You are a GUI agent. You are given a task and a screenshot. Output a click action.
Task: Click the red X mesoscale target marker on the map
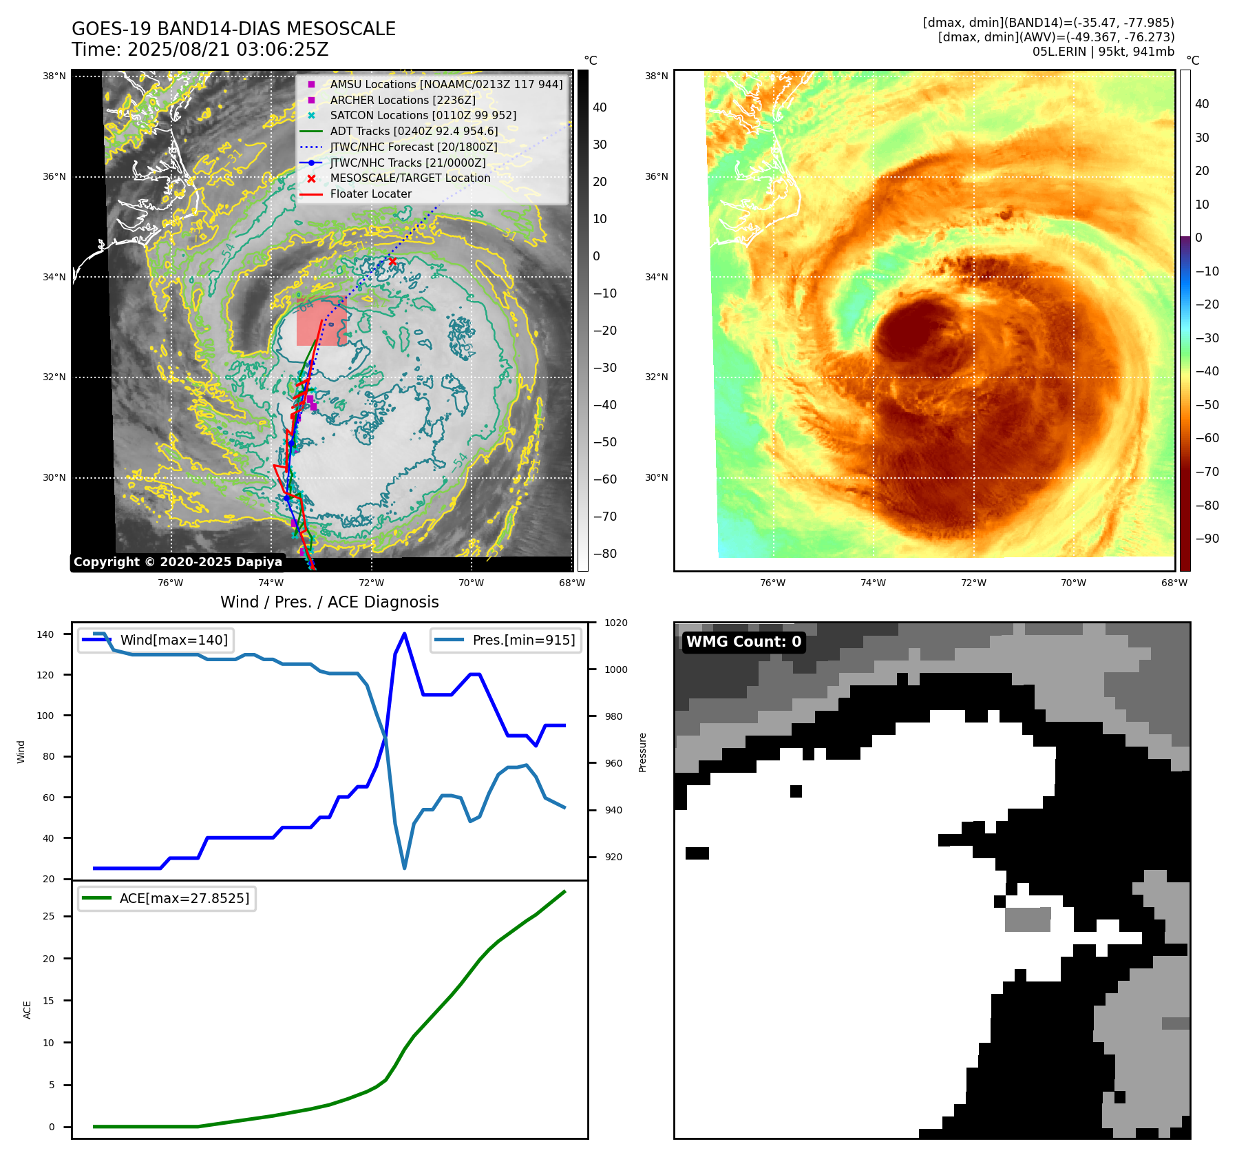[392, 262]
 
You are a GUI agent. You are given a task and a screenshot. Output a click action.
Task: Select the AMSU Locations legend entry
[445, 84]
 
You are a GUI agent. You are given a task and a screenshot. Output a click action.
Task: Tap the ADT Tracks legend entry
[413, 131]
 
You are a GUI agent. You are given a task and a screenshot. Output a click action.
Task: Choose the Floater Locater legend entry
[370, 194]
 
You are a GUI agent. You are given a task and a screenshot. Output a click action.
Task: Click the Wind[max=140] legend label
[173, 640]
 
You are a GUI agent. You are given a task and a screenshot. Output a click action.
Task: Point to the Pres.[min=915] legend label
[523, 640]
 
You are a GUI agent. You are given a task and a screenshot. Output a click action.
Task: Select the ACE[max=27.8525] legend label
[184, 898]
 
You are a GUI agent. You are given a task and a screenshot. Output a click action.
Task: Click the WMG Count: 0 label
[743, 642]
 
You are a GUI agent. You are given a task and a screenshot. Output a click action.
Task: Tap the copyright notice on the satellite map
[178, 562]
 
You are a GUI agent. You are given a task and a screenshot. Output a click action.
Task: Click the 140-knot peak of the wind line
[404, 634]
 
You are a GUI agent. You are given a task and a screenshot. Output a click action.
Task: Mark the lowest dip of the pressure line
[404, 868]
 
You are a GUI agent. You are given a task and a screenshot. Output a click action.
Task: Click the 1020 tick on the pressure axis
[615, 623]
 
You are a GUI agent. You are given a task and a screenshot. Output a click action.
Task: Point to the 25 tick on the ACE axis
[49, 916]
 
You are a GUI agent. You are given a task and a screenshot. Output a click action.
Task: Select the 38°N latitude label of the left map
[54, 76]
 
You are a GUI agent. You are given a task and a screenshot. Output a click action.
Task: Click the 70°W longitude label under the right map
[1073, 583]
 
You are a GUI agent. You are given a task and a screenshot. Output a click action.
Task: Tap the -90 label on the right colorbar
[1207, 539]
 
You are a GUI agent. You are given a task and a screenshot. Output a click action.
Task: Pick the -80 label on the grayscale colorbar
[604, 554]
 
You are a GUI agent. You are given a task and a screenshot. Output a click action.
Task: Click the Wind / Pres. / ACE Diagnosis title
[329, 602]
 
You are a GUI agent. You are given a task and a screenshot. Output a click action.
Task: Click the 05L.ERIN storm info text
[1103, 52]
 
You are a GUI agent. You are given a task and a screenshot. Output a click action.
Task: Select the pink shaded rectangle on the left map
[321, 322]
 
